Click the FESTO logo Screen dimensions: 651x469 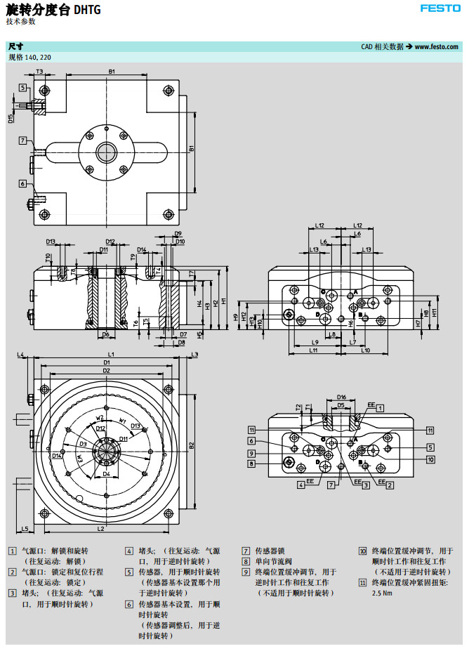[440, 8]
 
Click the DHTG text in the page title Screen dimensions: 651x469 [87, 10]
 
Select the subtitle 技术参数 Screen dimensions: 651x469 [20, 21]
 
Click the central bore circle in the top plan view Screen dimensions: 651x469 [107, 150]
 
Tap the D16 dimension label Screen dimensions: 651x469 [341, 397]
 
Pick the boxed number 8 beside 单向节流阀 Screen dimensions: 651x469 [246, 561]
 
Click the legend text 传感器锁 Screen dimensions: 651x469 [270, 551]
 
